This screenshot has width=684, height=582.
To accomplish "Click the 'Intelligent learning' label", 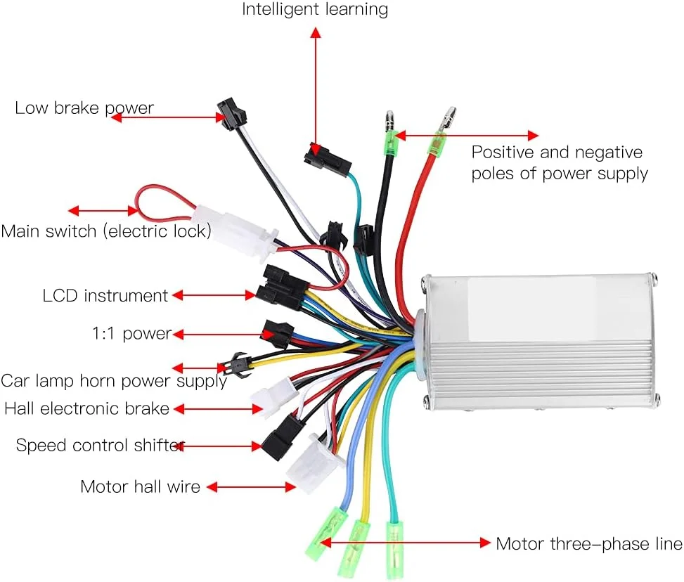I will tap(315, 10).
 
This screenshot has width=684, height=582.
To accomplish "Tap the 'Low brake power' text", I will tap(84, 108).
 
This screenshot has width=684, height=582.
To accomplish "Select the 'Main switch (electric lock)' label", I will tap(106, 231).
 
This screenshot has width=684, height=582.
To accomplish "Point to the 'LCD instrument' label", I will tap(105, 296).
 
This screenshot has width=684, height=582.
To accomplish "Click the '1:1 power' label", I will tap(131, 333).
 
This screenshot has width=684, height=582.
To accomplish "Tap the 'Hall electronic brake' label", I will tap(87, 408).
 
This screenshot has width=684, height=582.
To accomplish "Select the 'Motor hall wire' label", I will tap(140, 486).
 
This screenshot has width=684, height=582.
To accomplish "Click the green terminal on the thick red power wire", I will tap(439, 145).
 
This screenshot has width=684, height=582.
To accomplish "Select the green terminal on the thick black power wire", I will tap(390, 145).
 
